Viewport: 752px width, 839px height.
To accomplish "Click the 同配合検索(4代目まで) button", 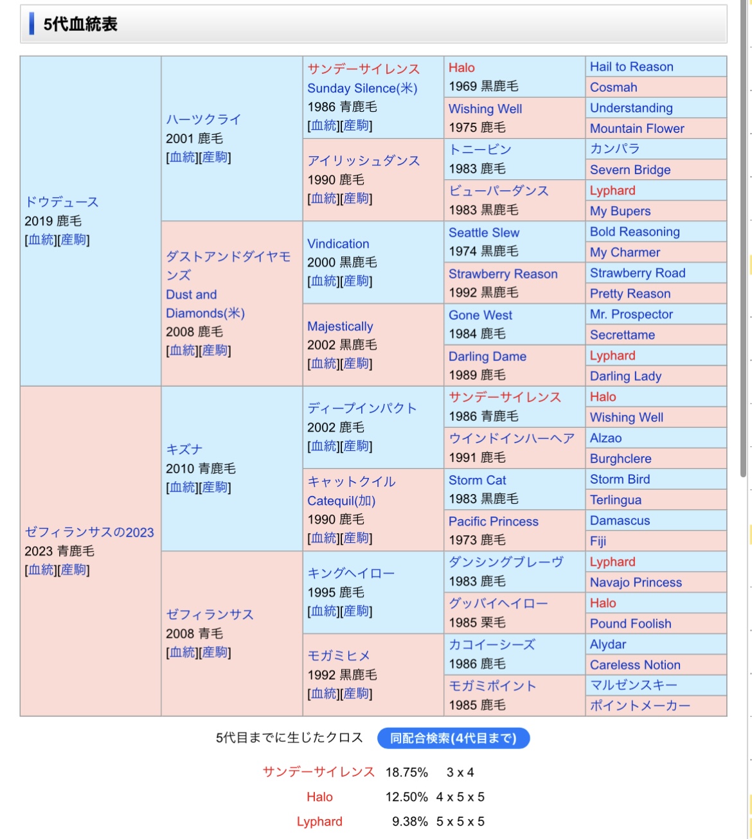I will coord(453,738).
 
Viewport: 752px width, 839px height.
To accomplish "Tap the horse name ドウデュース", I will coord(62,202).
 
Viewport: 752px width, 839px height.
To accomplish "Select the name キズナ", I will coord(184,449).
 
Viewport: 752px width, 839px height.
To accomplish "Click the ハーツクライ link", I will coord(203,119).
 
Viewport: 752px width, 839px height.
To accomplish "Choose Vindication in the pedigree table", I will coord(338,243).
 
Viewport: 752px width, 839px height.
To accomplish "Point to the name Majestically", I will coord(340,326).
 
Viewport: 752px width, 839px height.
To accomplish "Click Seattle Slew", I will coord(484,233).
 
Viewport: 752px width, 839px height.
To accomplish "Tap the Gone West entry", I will coord(480,315).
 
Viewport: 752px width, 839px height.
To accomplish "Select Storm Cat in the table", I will coord(477,480).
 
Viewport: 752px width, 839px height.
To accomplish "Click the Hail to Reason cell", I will coord(632,67).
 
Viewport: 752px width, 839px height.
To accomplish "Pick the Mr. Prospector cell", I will coord(631,314).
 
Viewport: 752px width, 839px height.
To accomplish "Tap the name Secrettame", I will coord(622,335).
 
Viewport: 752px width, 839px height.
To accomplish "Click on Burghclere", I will coord(620,459).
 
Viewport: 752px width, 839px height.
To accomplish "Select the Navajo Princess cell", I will coord(636,582).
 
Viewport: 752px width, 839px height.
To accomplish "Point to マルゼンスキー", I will coord(633,685).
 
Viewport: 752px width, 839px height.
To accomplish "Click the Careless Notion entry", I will coord(635,665).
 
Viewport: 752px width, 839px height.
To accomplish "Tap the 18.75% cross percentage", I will coord(406,772).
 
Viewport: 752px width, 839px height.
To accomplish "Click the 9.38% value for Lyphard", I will coord(409,822).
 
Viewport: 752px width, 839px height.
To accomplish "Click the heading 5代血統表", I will coord(80,24).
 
